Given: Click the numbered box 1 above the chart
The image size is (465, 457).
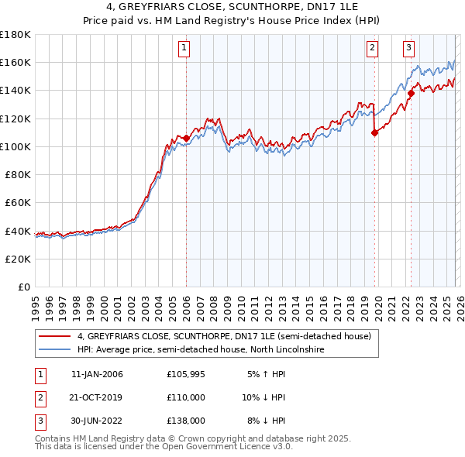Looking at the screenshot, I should click(184, 48).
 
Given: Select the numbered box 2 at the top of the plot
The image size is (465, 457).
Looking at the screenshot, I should click(372, 48).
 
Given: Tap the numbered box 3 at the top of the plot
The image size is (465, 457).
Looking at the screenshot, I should click(408, 48).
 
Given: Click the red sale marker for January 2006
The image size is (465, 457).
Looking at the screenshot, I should click(186, 138).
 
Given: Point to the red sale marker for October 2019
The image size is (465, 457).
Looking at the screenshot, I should click(374, 132).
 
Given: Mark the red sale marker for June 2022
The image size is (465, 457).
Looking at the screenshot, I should click(411, 93).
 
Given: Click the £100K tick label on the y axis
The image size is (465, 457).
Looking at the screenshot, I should click(15, 146).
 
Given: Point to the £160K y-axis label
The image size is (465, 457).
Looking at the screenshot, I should click(15, 62).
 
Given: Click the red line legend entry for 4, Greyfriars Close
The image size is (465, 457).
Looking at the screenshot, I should click(225, 336).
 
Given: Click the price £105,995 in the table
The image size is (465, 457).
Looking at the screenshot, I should click(184, 374).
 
